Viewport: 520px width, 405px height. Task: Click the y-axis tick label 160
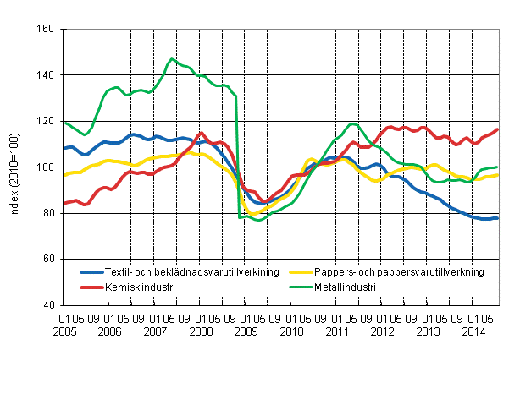tap(47, 30)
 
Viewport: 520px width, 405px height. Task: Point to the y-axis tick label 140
tap(47, 75)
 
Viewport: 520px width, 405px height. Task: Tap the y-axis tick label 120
tap(47, 121)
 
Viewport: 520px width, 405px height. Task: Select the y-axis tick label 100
tap(47, 167)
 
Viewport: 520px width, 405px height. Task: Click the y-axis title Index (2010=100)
tap(16, 167)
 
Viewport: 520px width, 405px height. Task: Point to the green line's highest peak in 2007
tap(172, 59)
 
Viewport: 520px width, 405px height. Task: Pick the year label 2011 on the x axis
tap(339, 331)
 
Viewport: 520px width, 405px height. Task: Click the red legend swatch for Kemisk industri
tap(91, 287)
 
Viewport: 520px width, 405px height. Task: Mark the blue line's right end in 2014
tap(497, 218)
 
